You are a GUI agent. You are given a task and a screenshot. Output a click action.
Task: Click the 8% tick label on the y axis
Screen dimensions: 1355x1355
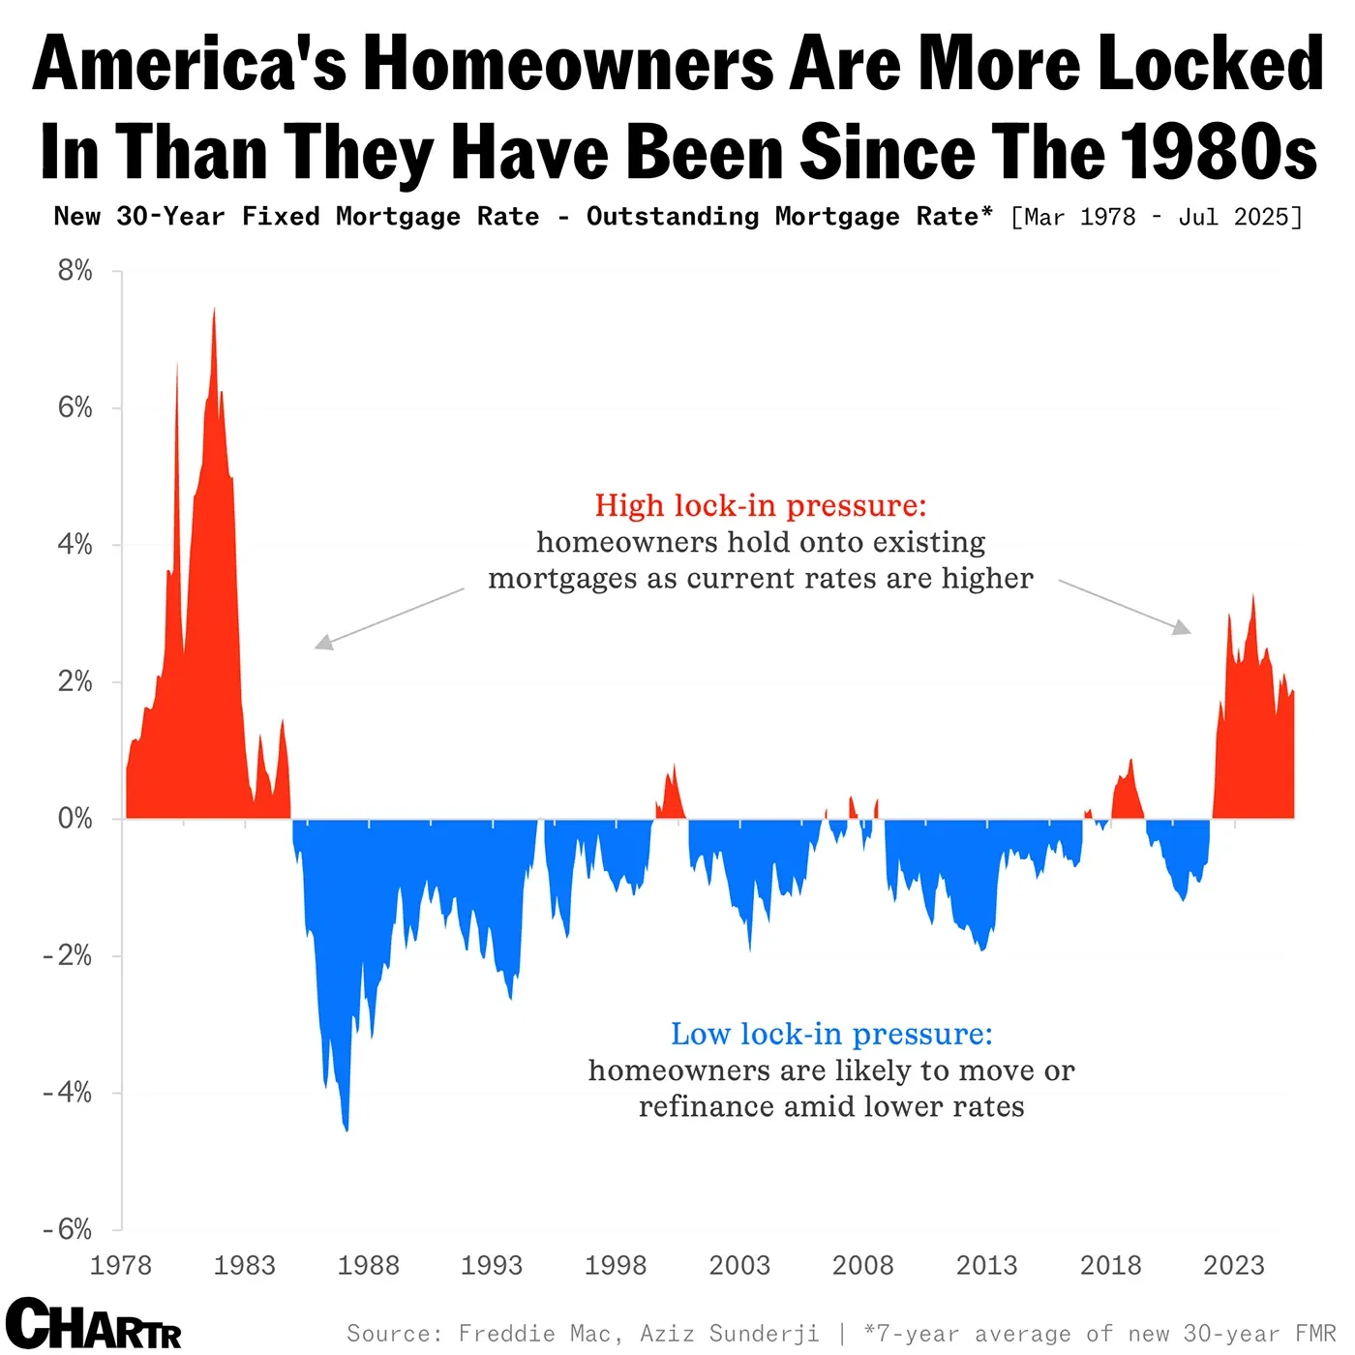click(75, 271)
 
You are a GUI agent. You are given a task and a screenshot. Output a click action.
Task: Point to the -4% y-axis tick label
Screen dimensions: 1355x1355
click(68, 1093)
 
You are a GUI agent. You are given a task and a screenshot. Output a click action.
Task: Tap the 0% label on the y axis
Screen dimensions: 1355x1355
click(75, 819)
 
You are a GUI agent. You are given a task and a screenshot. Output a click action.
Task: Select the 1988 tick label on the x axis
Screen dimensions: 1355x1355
click(368, 1265)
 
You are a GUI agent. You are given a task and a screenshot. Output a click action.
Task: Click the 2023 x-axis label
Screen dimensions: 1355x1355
click(1233, 1265)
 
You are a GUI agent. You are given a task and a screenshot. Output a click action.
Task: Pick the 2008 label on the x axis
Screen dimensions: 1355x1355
click(862, 1265)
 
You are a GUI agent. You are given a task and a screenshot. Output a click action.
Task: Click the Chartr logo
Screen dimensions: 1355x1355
click(93, 1323)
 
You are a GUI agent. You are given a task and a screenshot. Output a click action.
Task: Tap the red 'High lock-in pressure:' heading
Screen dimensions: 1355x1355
click(760, 505)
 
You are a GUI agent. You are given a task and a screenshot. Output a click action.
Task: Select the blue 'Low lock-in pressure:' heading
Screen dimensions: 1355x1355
click(831, 1034)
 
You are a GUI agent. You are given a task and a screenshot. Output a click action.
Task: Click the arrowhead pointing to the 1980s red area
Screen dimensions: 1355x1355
click(323, 643)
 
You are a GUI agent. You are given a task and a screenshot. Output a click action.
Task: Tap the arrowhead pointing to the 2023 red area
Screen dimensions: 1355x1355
click(1182, 628)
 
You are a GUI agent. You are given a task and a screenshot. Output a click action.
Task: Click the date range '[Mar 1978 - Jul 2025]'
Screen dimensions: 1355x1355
click(1156, 217)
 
